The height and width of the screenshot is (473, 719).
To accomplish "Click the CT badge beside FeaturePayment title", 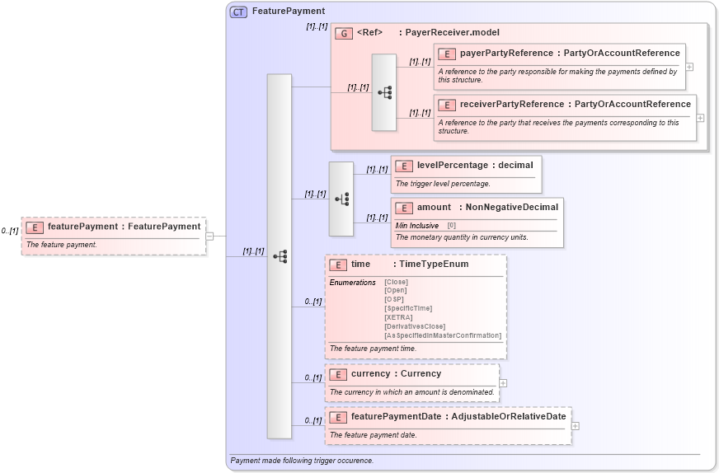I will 238,12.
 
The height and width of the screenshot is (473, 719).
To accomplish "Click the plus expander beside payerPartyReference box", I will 689,67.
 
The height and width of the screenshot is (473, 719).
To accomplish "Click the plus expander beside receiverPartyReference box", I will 700,118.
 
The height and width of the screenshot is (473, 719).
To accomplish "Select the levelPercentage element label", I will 452,166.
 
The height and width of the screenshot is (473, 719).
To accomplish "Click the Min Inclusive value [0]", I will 452,226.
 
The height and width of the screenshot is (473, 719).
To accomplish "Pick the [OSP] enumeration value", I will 396,299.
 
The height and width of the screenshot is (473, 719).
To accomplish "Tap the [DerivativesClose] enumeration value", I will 414,326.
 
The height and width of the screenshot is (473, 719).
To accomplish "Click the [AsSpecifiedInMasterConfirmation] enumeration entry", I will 442,335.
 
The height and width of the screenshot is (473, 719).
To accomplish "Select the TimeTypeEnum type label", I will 434,265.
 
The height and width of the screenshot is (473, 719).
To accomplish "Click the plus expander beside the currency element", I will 503,382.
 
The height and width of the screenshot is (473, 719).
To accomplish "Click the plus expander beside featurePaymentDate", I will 575,426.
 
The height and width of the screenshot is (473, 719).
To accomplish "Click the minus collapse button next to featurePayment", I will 209,236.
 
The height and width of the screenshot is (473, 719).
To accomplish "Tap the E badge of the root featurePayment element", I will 35,227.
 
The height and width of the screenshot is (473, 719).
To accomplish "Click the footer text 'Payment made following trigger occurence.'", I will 302,461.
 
